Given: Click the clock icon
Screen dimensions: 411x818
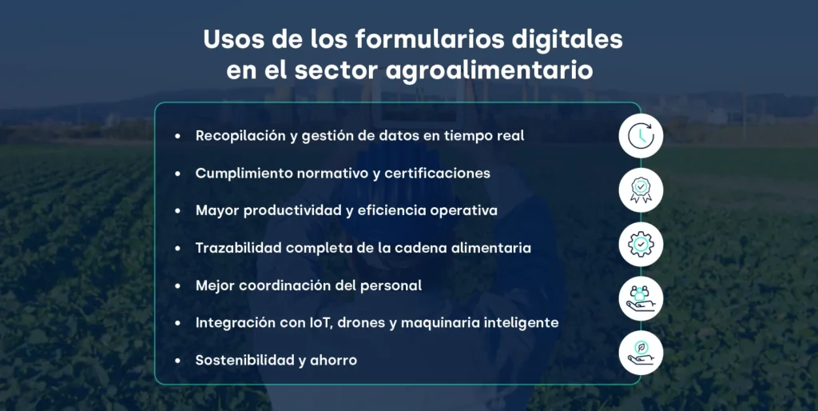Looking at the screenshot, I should [641, 137].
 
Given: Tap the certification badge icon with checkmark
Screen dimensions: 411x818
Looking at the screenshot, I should [641, 190].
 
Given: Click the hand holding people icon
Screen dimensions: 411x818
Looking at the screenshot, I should [641, 298].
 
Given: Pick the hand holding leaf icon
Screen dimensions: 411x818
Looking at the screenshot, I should [641, 353].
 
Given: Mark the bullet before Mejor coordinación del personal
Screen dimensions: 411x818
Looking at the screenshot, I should [178, 285].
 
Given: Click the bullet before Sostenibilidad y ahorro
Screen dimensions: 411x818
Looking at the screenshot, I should [178, 361].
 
